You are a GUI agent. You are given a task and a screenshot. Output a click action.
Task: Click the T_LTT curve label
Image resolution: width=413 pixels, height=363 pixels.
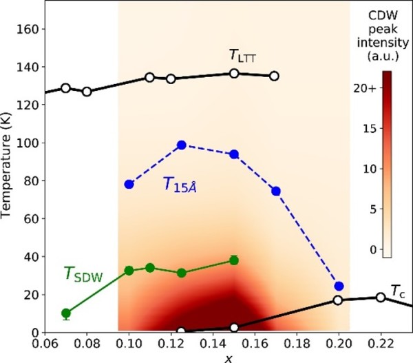(243, 56)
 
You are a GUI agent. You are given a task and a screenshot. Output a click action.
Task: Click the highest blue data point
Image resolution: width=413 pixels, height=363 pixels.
(182, 145)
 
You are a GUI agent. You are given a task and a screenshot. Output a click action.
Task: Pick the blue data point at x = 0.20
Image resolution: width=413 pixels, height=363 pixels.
(339, 286)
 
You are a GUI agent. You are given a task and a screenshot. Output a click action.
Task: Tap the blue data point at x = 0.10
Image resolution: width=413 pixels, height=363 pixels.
(129, 184)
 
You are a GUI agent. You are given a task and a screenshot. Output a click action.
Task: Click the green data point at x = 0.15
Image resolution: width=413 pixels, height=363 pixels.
(234, 260)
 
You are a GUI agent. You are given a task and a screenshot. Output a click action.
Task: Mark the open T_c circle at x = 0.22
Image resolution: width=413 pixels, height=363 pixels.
(381, 297)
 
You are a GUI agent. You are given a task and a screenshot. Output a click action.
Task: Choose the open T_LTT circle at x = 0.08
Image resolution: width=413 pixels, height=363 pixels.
(87, 92)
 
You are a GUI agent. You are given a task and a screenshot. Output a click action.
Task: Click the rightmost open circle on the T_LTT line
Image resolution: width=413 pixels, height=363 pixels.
(274, 76)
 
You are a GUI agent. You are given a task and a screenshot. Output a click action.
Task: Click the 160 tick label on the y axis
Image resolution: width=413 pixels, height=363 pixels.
(28, 29)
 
